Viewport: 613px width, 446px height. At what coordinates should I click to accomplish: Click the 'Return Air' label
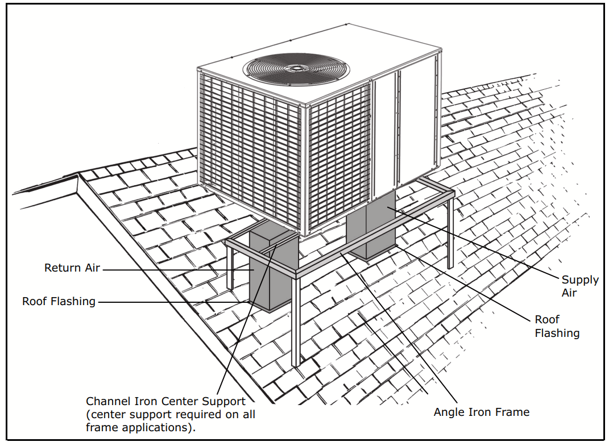pos(72,268)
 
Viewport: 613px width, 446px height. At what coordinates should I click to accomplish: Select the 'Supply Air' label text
pos(579,286)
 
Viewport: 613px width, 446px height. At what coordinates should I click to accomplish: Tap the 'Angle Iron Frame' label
pos(481,412)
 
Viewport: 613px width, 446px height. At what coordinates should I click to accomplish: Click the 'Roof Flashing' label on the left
pos(59,301)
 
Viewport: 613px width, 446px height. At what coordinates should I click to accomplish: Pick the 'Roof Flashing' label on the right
pos(556,327)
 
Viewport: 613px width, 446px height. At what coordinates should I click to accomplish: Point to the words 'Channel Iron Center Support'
pos(165,402)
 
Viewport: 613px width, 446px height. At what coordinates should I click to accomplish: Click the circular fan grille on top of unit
pos(296,68)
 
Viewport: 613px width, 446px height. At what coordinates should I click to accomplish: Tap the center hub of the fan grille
pos(296,68)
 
